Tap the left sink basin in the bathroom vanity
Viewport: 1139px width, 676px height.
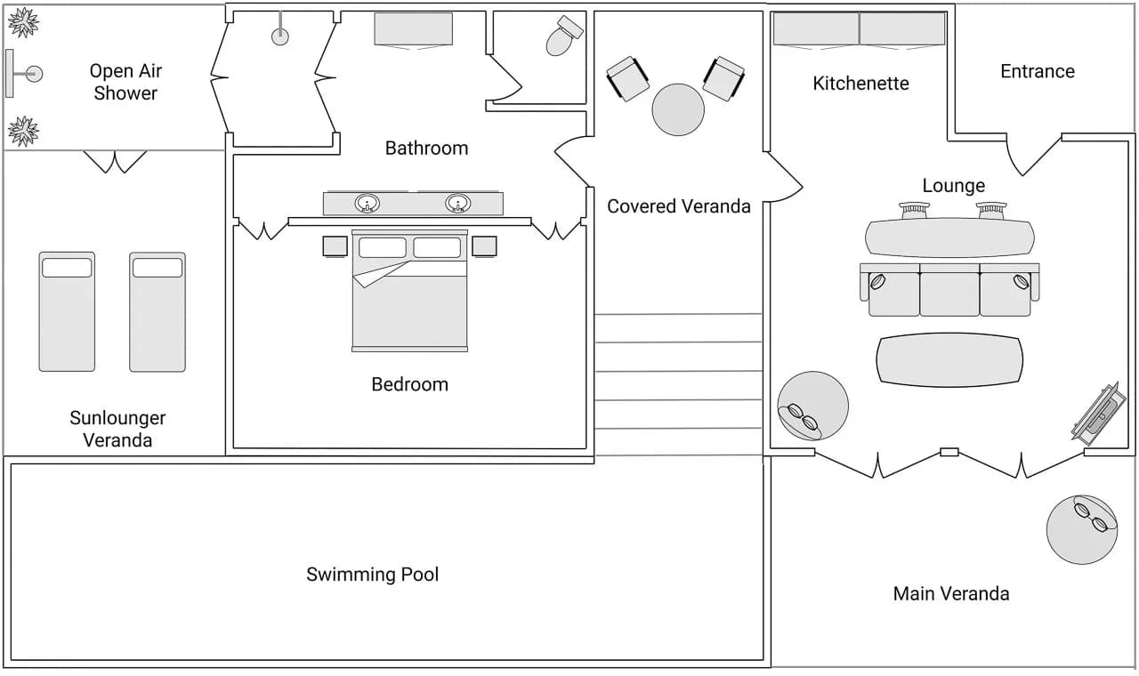click(x=366, y=204)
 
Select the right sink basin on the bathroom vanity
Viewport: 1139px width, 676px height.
click(x=458, y=204)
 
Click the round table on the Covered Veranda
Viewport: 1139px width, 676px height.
click(x=678, y=109)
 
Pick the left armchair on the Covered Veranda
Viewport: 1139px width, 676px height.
click(x=628, y=78)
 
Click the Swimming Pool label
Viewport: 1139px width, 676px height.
click(x=372, y=575)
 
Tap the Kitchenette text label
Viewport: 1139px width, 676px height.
click(x=860, y=84)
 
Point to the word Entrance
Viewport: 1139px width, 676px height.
click(x=1037, y=71)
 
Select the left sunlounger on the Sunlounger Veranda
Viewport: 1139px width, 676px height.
click(x=67, y=311)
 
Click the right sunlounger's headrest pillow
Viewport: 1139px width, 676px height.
click(x=158, y=267)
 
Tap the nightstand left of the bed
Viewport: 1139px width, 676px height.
click(x=335, y=245)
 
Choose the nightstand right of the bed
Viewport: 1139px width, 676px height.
click(x=484, y=245)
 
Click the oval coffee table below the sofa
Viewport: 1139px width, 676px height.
click(x=949, y=360)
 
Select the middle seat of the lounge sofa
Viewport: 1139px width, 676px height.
click(x=949, y=292)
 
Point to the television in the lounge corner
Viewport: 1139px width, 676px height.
click(x=1095, y=413)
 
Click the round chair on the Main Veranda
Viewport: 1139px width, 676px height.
click(x=1081, y=529)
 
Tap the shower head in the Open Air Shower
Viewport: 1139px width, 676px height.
click(x=34, y=74)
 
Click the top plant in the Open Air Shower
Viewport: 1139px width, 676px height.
click(x=22, y=22)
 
